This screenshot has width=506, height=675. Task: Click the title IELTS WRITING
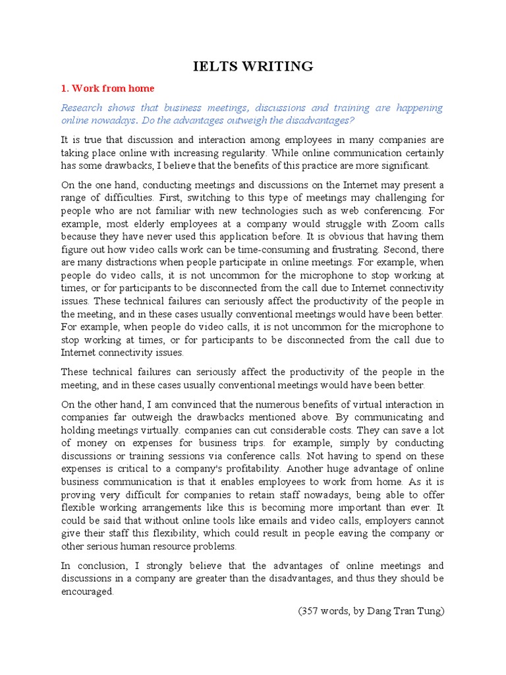click(253, 66)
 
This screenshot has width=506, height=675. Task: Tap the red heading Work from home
click(113, 88)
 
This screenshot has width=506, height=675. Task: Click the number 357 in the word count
click(310, 610)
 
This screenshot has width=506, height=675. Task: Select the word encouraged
click(87, 591)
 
